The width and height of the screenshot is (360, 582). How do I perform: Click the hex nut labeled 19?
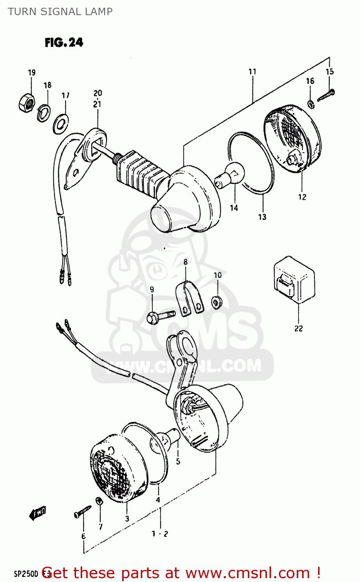click(x=27, y=103)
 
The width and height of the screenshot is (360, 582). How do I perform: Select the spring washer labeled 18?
click(x=43, y=113)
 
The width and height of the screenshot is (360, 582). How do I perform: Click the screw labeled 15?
click(x=326, y=95)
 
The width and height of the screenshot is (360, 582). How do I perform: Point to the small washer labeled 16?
click(x=311, y=104)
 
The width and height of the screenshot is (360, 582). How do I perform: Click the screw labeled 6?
click(x=82, y=511)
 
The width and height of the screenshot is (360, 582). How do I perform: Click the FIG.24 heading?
click(x=64, y=42)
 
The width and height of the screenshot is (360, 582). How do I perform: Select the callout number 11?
click(x=253, y=72)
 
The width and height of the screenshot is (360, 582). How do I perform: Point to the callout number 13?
click(x=262, y=217)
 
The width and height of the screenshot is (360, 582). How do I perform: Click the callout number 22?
click(x=298, y=328)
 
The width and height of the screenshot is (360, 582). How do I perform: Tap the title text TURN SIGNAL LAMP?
click(x=60, y=12)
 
